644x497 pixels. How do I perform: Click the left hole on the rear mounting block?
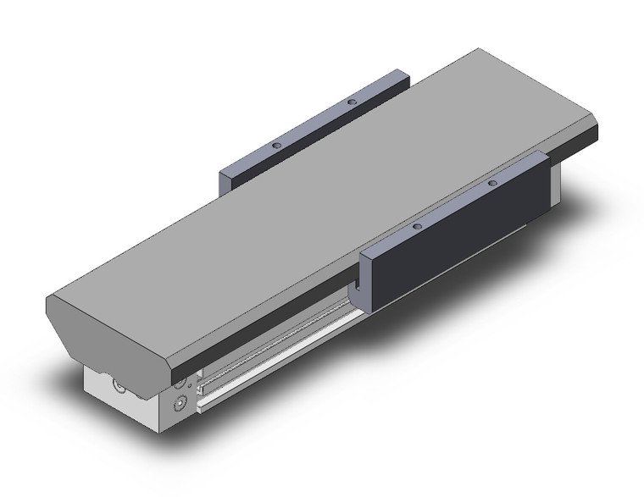(x=275, y=146)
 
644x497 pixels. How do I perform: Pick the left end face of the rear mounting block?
(x=226, y=180)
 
